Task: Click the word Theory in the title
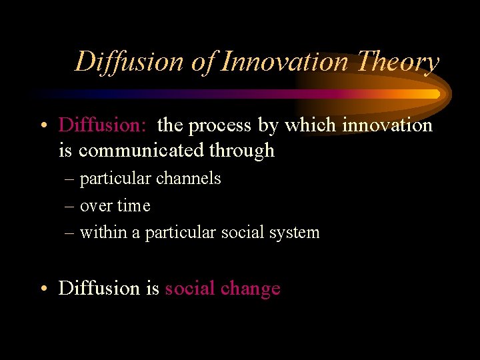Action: pyautogui.click(x=398, y=62)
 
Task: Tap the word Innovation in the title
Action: pyautogui.click(x=285, y=62)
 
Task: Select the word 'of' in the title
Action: pyautogui.click(x=201, y=62)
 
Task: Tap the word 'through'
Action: pyautogui.click(x=241, y=151)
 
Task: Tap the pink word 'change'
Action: pyautogui.click(x=250, y=289)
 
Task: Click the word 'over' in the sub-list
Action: pyautogui.click(x=95, y=207)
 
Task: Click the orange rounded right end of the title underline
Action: pyautogui.click(x=437, y=94)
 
